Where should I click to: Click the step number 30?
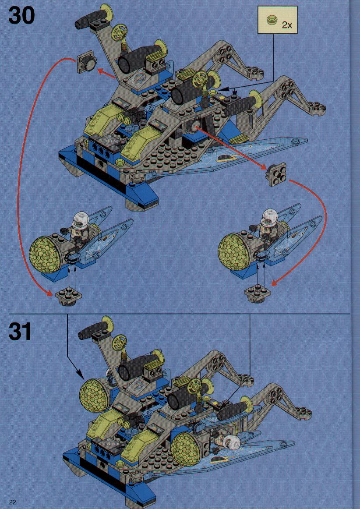pos(21,15)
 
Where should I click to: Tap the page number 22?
pos(13,502)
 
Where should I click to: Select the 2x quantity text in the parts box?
pos(287,25)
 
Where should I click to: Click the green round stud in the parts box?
pos(271,21)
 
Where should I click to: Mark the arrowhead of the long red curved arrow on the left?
pos(48,293)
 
